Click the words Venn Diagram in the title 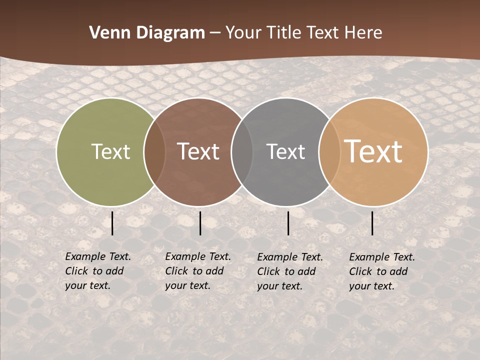(x=147, y=33)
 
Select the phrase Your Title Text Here (x=303, y=33)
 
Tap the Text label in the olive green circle (x=110, y=151)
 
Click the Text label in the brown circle (x=198, y=151)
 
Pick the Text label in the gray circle (x=285, y=151)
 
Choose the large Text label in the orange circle (x=373, y=151)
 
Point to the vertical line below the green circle (x=112, y=223)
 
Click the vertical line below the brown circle (x=200, y=223)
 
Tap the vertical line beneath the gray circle (x=288, y=223)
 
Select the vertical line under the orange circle (x=372, y=223)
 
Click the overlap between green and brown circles (x=154, y=151)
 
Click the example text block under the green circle (x=98, y=271)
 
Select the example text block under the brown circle (x=198, y=271)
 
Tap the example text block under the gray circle (x=290, y=271)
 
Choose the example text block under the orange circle (x=382, y=271)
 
